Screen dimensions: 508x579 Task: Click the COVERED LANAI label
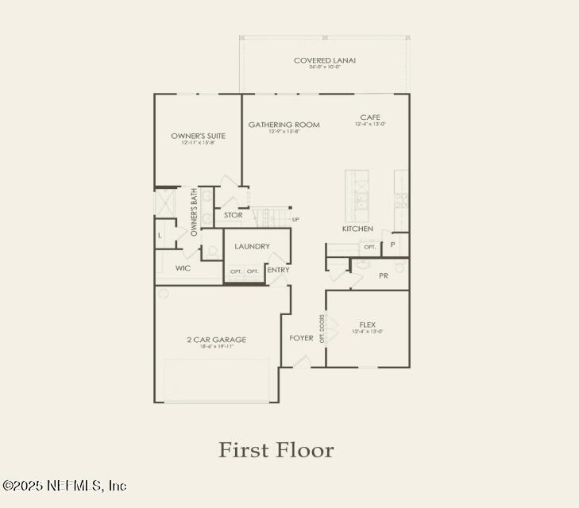[x=324, y=60]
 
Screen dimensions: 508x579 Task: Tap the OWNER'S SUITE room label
[x=198, y=136]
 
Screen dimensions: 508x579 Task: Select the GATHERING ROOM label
[x=284, y=125]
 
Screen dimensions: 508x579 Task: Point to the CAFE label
[x=369, y=117]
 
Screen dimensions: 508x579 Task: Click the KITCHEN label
[x=357, y=229]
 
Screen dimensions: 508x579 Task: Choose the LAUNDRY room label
[x=252, y=247]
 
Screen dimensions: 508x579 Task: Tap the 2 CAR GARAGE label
[x=216, y=340]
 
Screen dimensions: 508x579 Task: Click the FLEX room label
[x=367, y=325]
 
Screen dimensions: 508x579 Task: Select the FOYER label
[x=301, y=338]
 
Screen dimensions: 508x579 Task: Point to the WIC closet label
[x=183, y=268]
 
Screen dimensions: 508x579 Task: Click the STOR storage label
[x=233, y=215]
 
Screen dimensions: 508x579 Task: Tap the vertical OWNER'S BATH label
[x=193, y=212]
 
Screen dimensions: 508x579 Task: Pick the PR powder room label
[x=383, y=275]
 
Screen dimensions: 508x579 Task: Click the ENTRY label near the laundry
[x=278, y=270]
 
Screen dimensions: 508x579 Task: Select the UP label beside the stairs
[x=295, y=220]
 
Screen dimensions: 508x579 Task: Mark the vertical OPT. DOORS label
[x=322, y=328]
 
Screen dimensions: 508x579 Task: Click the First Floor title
[x=276, y=450]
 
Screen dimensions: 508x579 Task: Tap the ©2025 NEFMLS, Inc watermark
[x=64, y=485]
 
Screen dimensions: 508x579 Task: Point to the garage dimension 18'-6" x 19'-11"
[x=216, y=347]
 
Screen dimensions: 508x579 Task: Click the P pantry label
[x=392, y=244]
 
